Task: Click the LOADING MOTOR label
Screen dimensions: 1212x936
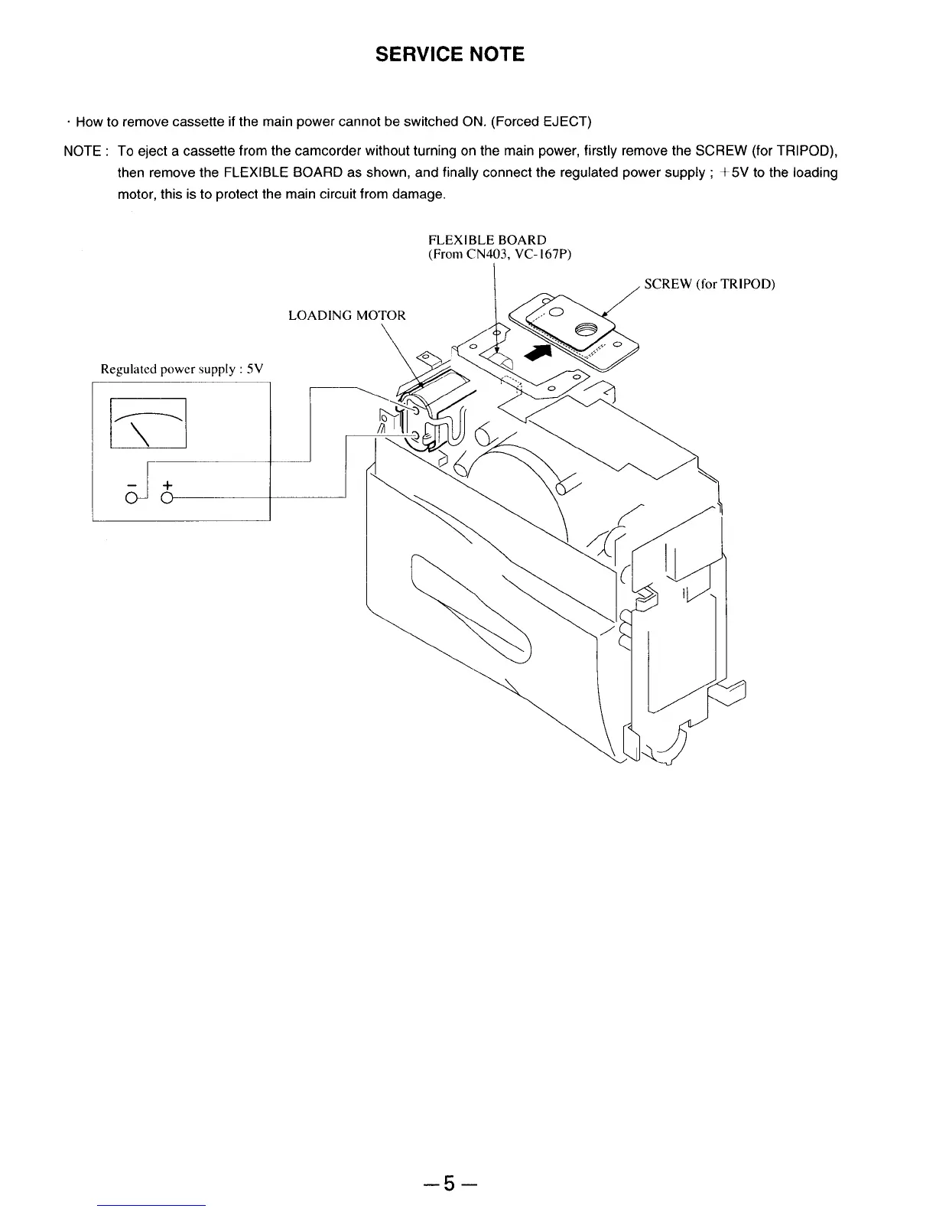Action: [346, 315]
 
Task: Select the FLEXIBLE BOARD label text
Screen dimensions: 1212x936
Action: [487, 240]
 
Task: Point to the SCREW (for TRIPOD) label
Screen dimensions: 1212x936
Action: [710, 285]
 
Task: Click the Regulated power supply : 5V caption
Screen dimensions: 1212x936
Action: [182, 369]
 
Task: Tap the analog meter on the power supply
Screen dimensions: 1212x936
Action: [148, 422]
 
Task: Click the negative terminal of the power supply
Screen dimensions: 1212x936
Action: [132, 499]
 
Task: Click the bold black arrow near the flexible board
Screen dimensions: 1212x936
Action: [540, 353]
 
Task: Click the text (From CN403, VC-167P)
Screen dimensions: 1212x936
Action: [499, 254]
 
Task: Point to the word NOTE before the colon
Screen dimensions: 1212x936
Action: [82, 151]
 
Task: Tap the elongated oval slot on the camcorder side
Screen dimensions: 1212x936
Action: [470, 608]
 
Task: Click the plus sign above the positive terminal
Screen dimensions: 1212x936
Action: [167, 485]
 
